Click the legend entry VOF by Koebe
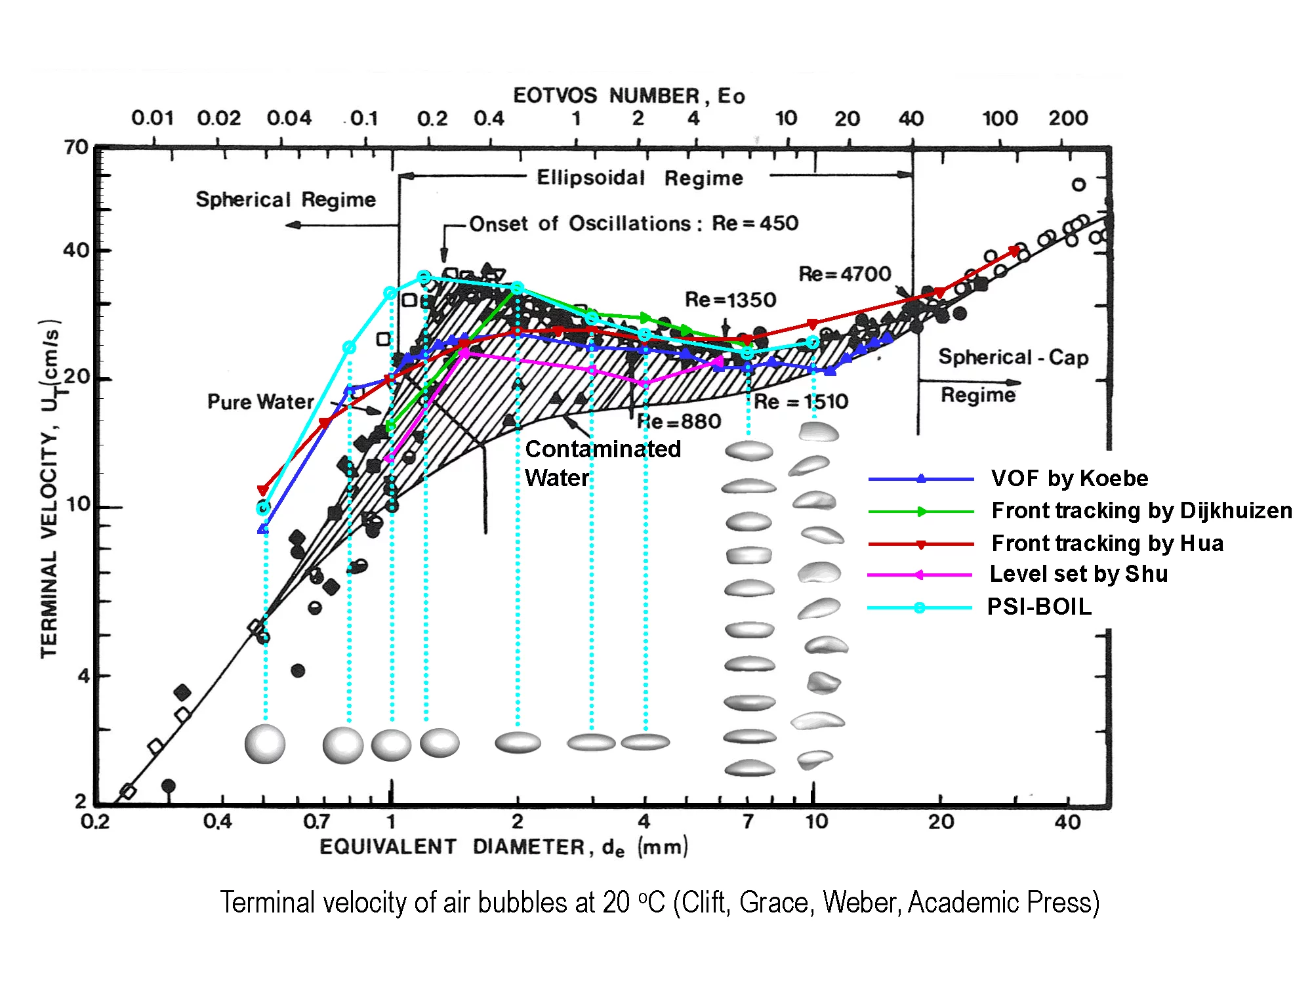(x=1069, y=478)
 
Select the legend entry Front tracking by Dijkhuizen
(x=1141, y=510)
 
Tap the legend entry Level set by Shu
(x=1078, y=574)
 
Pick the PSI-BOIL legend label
(x=1039, y=607)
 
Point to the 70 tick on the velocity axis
(x=77, y=148)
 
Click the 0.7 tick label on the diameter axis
(x=316, y=821)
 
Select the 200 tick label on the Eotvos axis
(x=1067, y=119)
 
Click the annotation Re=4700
(x=844, y=274)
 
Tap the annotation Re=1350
(x=730, y=300)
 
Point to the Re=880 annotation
(x=679, y=421)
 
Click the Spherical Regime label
(x=285, y=199)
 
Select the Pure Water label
(x=260, y=401)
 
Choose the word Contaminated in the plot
(x=603, y=449)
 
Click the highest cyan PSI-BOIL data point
(x=424, y=277)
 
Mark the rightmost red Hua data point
(x=1014, y=251)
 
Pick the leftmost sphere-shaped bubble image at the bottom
(x=265, y=744)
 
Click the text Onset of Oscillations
(x=580, y=224)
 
